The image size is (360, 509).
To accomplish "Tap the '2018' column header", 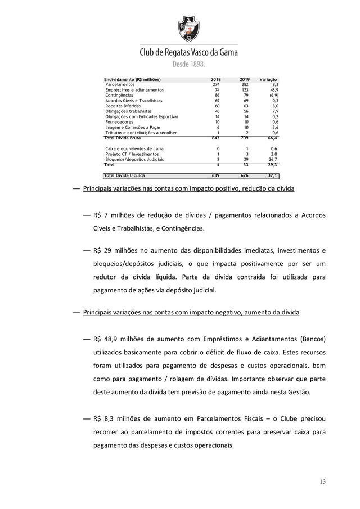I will pos(216,79).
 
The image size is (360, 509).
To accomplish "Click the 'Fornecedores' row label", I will pos(120,122).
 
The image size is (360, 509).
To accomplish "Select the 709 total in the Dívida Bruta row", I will pos(245,138).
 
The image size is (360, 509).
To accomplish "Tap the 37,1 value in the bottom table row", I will pos(272,175).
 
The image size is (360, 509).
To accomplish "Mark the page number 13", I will pos(322,481).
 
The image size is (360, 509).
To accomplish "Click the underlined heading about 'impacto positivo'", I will pos(188,188).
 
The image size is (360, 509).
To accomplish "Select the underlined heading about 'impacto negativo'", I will pos(191,312).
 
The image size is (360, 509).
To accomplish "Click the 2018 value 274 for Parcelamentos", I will pos(216,84).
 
